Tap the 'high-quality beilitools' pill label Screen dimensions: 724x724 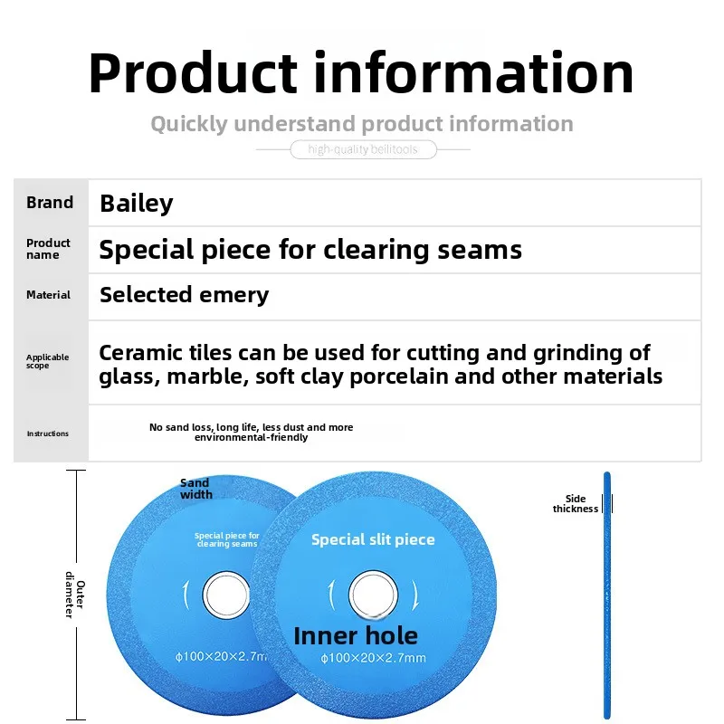click(363, 149)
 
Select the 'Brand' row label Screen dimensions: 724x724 click(50, 203)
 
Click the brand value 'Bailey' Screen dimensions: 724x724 click(136, 204)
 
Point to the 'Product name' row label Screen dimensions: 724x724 click(49, 249)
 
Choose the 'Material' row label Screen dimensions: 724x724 click(49, 295)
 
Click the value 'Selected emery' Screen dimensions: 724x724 click(184, 295)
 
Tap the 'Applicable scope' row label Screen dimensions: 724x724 click(47, 361)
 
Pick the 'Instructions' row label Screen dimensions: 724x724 click(47, 433)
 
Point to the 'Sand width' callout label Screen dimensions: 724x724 click(195, 489)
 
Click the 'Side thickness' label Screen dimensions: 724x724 click(576, 504)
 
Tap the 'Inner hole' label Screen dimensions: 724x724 click(356, 635)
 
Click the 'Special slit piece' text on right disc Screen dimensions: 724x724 click(373, 539)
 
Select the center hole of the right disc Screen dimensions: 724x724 click(373, 595)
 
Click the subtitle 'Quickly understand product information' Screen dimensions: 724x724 click(361, 124)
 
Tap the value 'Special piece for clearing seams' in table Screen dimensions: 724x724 click(310, 250)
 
